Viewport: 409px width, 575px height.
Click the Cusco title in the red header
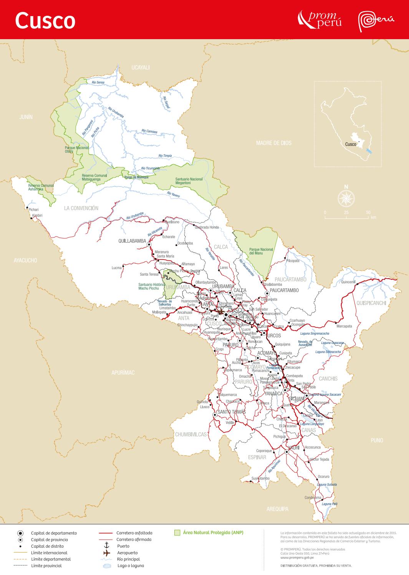45,20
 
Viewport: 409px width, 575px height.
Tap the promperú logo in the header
320,19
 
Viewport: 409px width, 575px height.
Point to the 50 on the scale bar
368,212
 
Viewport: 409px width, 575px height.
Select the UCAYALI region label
140,68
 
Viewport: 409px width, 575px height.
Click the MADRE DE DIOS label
274,143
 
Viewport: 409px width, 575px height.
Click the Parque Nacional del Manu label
261,251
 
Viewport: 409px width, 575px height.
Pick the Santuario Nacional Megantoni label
189,181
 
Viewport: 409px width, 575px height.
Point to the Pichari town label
34,210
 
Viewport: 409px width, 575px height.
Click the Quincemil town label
348,282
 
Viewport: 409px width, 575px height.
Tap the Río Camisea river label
149,131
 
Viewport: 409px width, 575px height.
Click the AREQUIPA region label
277,509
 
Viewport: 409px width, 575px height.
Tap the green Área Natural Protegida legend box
177,533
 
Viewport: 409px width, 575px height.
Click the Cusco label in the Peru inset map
350,144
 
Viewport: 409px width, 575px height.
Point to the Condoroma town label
313,497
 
